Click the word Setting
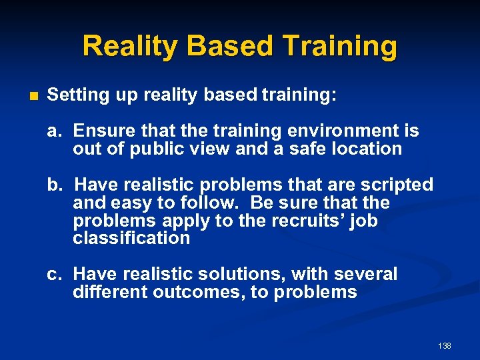pyautogui.click(x=78, y=95)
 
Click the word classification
pyautogui.click(x=131, y=238)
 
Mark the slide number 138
pyautogui.click(x=445, y=345)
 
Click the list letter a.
pyautogui.click(x=53, y=131)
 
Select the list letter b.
pyautogui.click(x=53, y=185)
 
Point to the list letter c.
pyautogui.click(x=53, y=274)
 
